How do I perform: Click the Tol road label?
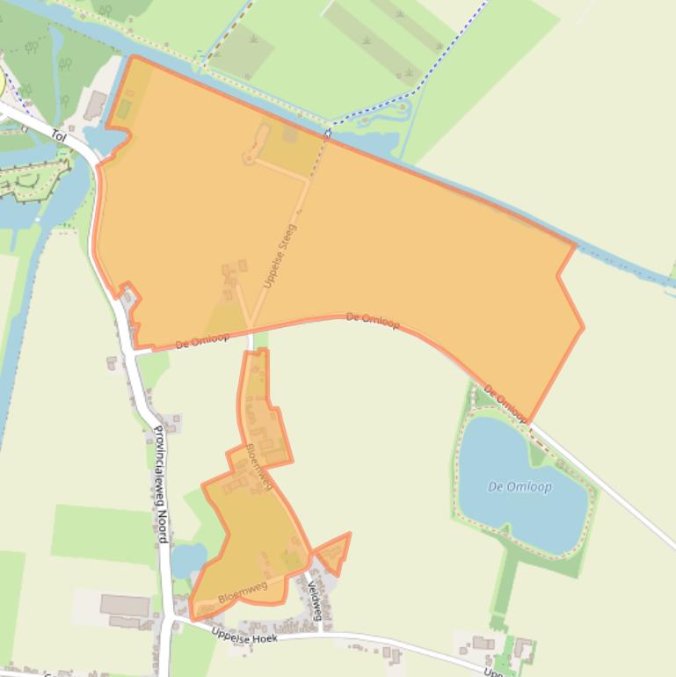tap(59, 135)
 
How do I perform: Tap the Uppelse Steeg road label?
tap(280, 256)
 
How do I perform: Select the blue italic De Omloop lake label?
tap(520, 487)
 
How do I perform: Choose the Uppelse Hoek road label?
tap(244, 636)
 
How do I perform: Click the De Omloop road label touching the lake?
tap(505, 403)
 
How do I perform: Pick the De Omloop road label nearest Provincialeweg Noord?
tap(202, 339)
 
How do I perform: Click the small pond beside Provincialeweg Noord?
tap(187, 560)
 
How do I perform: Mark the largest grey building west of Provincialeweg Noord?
tap(124, 605)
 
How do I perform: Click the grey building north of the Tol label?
tap(95, 106)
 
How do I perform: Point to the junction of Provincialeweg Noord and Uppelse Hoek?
tap(167, 621)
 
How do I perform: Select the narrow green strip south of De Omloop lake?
tap(504, 585)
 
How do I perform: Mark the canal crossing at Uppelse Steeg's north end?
tap(327, 134)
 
